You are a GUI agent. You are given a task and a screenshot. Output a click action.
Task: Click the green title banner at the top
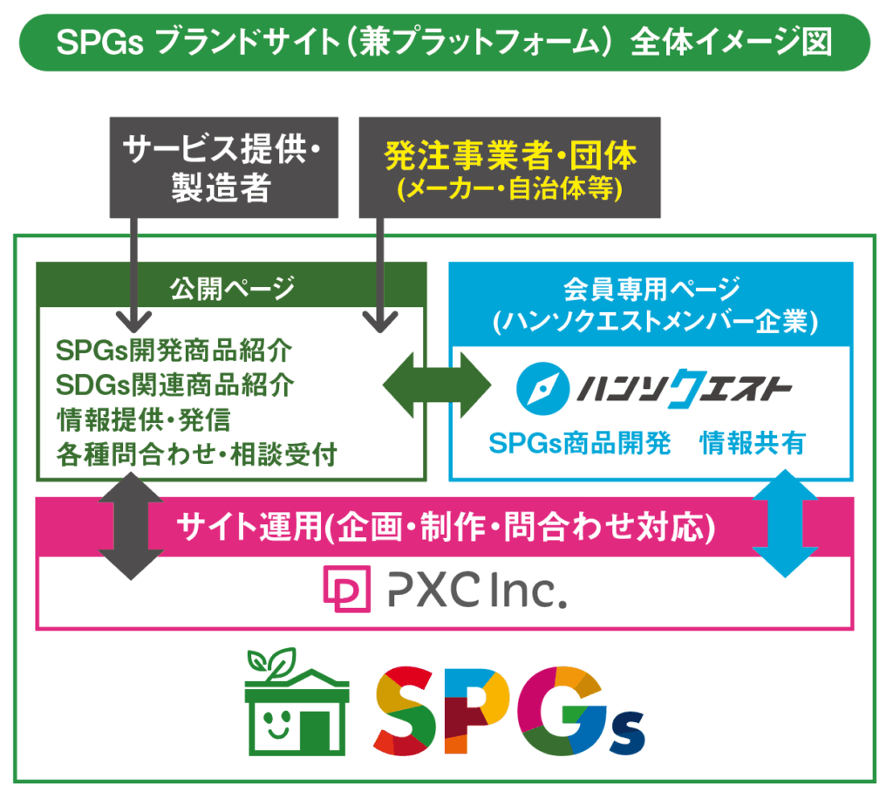(445, 43)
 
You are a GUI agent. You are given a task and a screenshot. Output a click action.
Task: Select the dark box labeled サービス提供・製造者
(224, 167)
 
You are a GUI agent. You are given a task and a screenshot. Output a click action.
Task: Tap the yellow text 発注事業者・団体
(510, 155)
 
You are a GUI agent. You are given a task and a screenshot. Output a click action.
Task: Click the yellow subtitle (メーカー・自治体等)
(509, 189)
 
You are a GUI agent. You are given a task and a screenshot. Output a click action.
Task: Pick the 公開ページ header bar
(232, 285)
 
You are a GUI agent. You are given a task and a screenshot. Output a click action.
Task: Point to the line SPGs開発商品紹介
(174, 351)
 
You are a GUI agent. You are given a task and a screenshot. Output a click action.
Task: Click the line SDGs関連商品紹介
(174, 386)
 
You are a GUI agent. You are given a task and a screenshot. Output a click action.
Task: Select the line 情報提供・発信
(144, 420)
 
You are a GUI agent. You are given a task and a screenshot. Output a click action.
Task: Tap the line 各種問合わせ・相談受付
(196, 454)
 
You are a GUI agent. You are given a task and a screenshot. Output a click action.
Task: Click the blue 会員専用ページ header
(651, 304)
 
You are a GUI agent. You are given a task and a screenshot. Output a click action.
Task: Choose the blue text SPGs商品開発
(580, 443)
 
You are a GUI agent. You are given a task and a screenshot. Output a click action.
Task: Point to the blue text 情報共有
(753, 443)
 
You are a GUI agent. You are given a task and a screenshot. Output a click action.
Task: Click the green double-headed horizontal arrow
(437, 386)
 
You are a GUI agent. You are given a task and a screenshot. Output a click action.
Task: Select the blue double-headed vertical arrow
(786, 523)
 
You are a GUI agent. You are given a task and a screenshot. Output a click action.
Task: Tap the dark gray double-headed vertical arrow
(131, 527)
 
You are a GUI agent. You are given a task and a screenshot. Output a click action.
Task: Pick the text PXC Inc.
(477, 591)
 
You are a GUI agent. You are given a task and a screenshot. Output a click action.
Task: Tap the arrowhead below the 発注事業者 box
(380, 322)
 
